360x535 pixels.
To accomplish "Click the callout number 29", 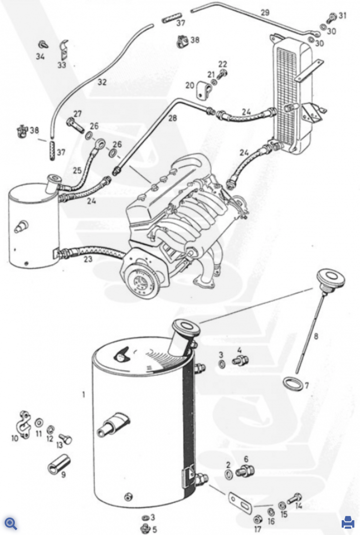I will pos(265,12).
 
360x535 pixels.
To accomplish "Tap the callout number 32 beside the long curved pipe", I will pos(102,82).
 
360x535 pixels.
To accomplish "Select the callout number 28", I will pos(172,118).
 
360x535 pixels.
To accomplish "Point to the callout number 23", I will pos(88,259).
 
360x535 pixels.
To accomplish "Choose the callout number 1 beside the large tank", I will pos(84,395).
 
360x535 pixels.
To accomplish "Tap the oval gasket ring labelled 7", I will pos(292,383).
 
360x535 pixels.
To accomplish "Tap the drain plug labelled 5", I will pos(146,527).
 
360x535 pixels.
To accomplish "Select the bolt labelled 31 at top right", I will pos(333,16).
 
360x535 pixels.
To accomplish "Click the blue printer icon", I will pos(348,522).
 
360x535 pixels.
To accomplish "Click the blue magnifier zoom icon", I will pos(11,523).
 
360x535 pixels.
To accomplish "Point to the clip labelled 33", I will pos(64,50).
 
